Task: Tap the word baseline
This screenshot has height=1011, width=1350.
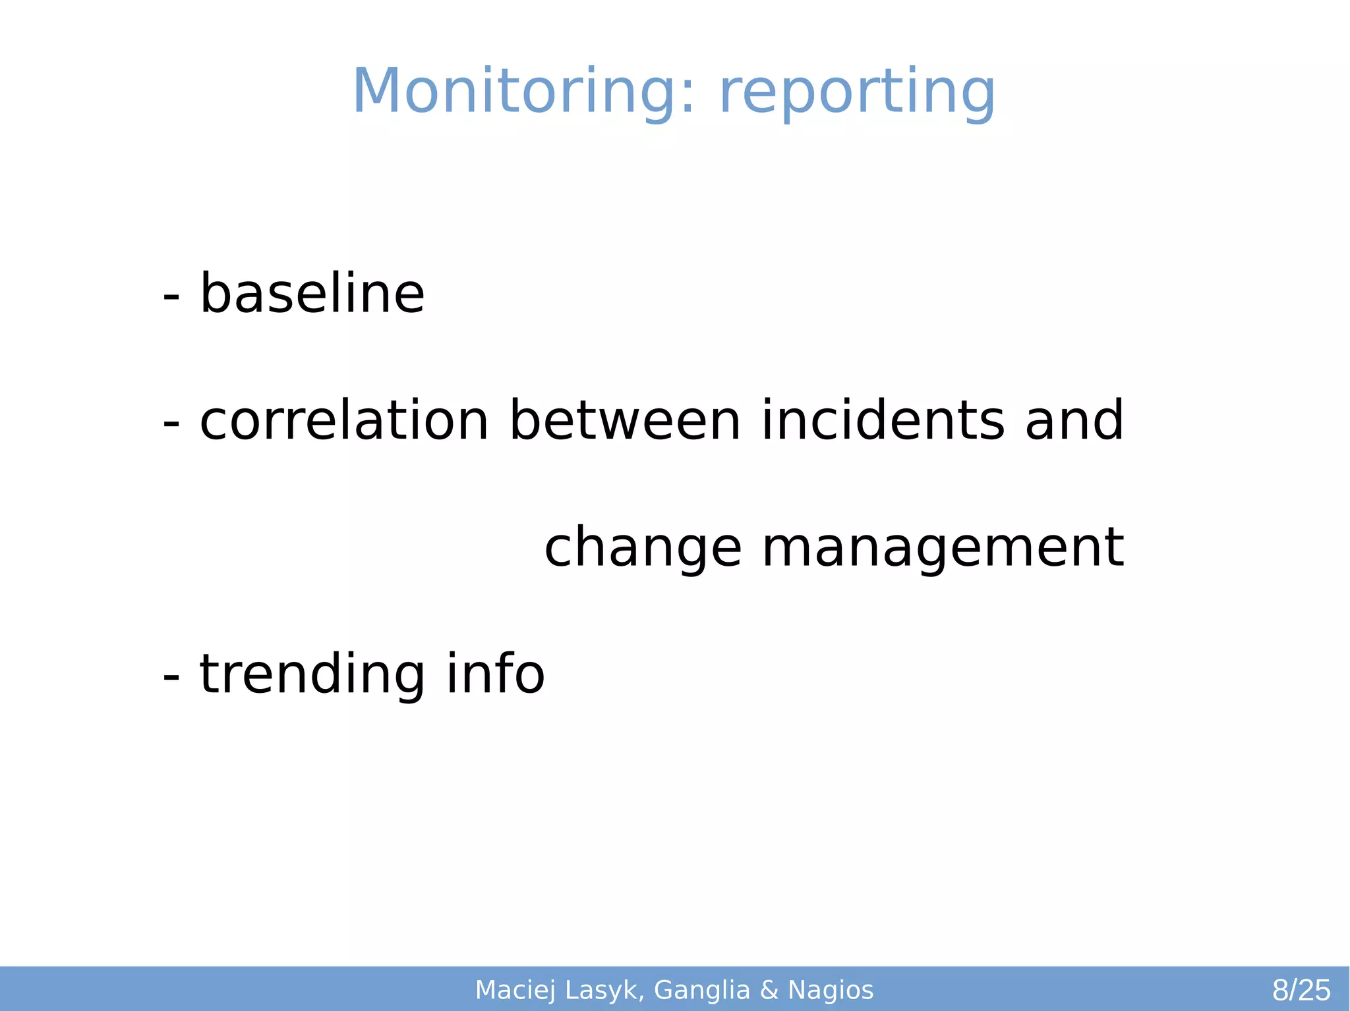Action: click(x=312, y=294)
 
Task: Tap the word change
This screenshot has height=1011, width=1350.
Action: click(x=643, y=549)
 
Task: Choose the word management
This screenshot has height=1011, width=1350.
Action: click(x=943, y=549)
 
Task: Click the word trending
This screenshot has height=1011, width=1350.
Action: click(x=312, y=674)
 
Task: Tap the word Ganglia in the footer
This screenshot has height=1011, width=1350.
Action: click(x=702, y=991)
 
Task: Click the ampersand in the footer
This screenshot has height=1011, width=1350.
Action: click(x=769, y=991)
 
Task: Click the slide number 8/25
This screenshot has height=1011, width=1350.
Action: click(x=1301, y=991)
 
